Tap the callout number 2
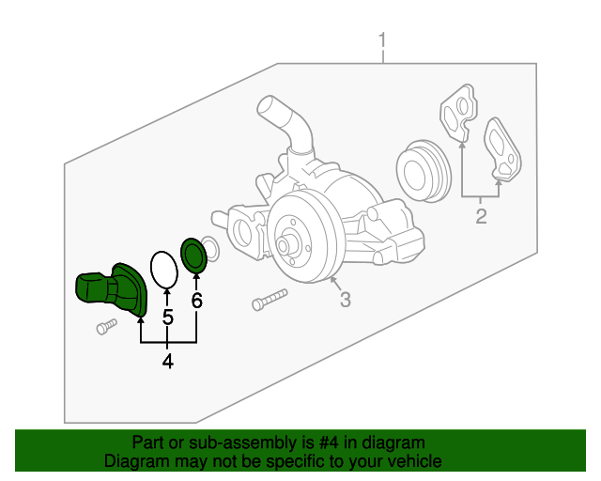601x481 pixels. [481, 218]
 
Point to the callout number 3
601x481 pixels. [345, 300]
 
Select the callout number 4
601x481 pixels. [167, 360]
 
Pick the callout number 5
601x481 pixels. [167, 318]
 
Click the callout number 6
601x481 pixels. [196, 301]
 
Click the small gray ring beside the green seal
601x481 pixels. [211, 251]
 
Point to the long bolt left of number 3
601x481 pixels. [269, 301]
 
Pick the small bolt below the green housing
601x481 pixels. [106, 326]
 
